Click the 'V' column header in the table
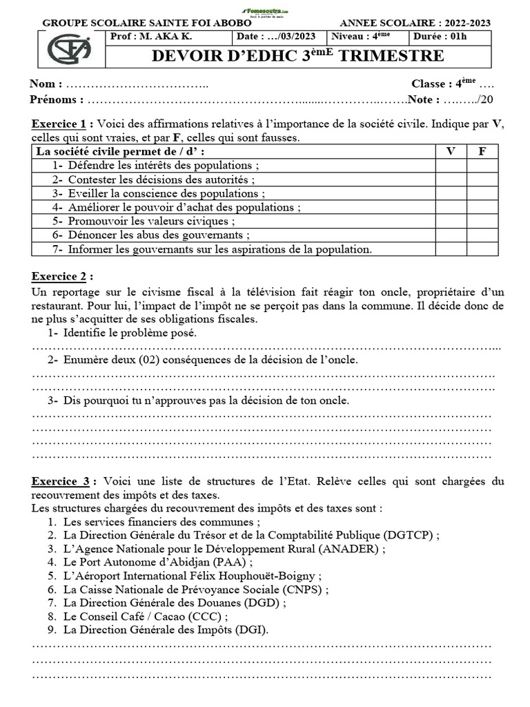click(451, 151)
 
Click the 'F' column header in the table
click(482, 151)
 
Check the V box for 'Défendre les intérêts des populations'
click(451, 166)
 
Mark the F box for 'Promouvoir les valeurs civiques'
click(482, 221)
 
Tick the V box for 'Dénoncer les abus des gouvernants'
click(451, 235)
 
